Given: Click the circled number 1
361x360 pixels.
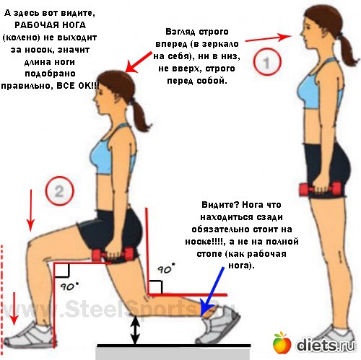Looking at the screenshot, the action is [x=267, y=62].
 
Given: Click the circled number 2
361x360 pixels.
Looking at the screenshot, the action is [x=59, y=191].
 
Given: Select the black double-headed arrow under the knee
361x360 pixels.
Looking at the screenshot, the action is [x=136, y=330].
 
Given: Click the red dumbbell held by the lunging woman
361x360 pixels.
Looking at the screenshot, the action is [x=113, y=255].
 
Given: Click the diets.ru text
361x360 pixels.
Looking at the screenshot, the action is [x=326, y=346].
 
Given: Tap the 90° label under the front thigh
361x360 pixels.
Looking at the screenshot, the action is [x=69, y=286].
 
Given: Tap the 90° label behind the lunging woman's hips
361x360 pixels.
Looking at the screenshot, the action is [x=166, y=268].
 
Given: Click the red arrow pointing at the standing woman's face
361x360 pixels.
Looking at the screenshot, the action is [x=269, y=38].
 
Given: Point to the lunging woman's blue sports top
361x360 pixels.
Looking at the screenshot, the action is [x=111, y=152].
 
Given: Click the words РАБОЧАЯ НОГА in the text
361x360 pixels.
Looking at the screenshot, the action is [x=50, y=25].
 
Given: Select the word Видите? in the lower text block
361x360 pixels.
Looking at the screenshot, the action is [x=220, y=205].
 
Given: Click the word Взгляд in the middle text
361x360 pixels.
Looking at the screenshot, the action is [x=180, y=32].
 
